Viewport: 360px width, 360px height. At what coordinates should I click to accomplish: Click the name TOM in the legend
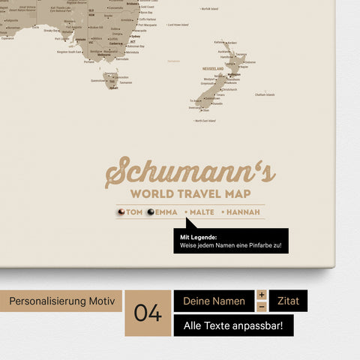point(134,212)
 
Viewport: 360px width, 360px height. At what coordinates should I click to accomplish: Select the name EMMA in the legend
point(166,212)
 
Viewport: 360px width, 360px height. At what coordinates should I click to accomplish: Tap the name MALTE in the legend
point(202,212)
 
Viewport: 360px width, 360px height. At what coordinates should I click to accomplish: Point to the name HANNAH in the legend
point(243,212)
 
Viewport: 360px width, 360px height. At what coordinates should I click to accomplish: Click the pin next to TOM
point(121,212)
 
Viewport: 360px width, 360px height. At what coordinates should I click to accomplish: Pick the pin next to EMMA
point(150,212)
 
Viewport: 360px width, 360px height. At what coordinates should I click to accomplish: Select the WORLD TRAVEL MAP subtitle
point(190,194)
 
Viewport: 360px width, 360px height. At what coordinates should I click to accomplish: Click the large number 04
point(148,313)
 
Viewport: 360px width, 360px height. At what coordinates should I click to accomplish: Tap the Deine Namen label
point(214,301)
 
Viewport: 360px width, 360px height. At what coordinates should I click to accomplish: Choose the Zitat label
point(288,301)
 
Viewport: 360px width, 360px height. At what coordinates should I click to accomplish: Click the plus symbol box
point(262,295)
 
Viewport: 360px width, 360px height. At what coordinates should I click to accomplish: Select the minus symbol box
point(262,307)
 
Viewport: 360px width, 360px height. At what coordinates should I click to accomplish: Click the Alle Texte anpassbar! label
point(233,325)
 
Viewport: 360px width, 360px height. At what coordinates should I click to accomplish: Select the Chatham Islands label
point(265,94)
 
